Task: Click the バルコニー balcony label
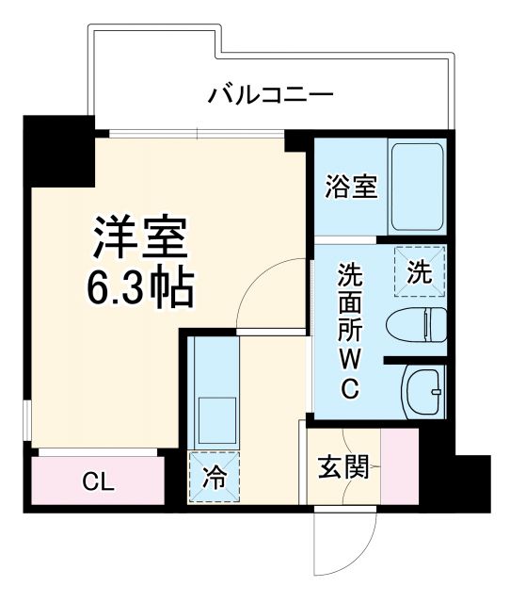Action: [x=270, y=94]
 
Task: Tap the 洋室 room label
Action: [x=141, y=237]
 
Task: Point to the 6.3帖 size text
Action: [x=141, y=288]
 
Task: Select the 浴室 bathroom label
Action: [x=352, y=187]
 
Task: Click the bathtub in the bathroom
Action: [x=418, y=187]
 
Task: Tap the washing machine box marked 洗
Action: [x=419, y=272]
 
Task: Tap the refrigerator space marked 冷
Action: [x=215, y=477]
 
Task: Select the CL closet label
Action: [x=98, y=482]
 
